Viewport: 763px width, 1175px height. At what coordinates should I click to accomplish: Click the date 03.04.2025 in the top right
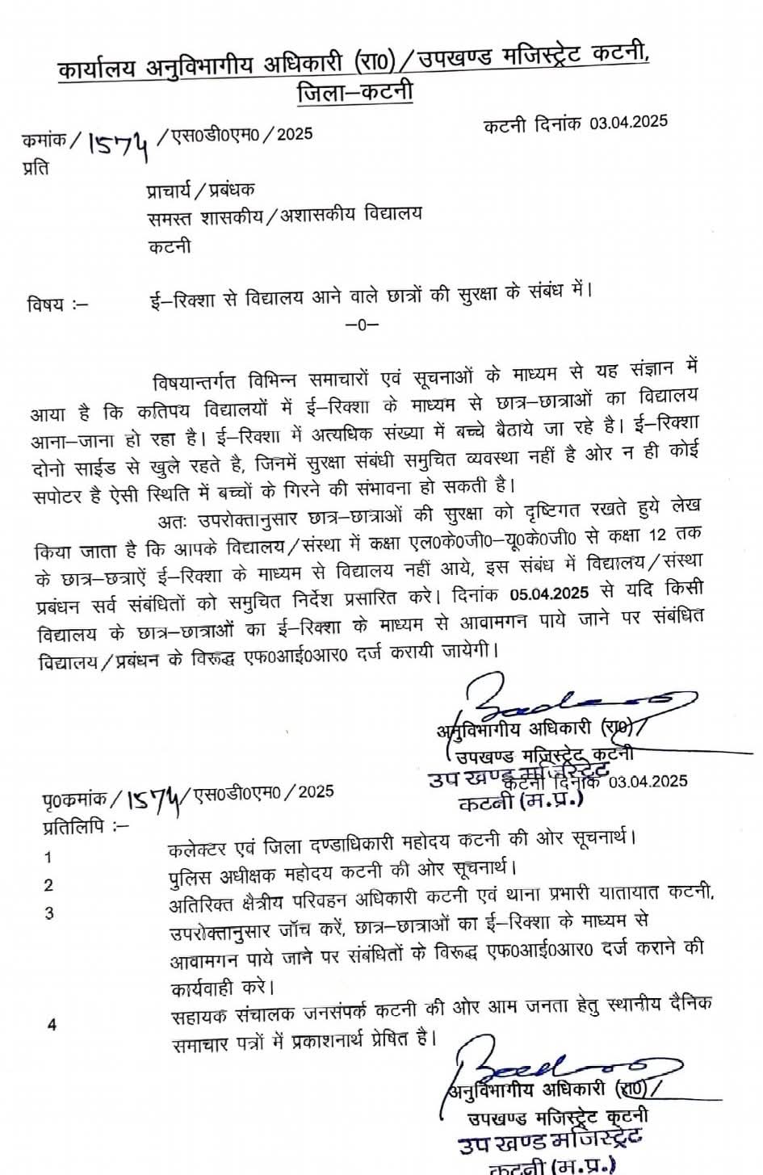[627, 123]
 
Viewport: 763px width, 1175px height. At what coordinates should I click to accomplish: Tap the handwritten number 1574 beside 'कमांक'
[119, 144]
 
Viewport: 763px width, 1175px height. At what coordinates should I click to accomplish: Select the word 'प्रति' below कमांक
[35, 168]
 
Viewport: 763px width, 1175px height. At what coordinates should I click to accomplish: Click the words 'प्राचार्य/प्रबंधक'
[200, 191]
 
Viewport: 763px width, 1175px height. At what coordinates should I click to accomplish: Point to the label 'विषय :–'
[57, 304]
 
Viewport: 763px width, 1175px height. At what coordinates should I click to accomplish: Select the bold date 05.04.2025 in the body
[549, 594]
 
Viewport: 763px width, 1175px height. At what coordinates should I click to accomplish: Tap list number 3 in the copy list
[49, 913]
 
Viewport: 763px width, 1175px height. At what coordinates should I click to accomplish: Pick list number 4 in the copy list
[52, 1025]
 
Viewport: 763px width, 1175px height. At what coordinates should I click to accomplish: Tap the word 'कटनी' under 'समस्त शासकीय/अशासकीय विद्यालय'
[170, 246]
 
